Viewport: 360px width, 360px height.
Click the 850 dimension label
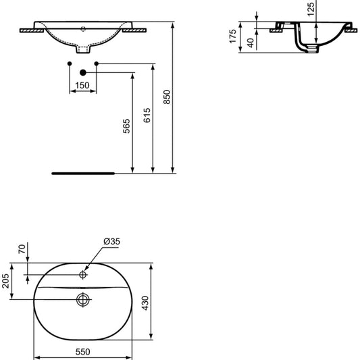[167, 97]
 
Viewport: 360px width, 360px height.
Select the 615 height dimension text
[147, 115]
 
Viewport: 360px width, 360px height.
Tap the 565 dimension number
[126, 126]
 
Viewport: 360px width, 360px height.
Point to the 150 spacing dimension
[82, 85]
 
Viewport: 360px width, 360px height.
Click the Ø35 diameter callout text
[112, 241]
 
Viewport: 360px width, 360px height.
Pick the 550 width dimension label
[82, 352]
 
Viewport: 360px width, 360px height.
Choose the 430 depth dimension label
[145, 303]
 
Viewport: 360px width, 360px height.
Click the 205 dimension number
[5, 281]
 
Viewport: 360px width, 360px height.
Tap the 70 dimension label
[22, 249]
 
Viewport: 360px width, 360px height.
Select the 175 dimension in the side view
[233, 36]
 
